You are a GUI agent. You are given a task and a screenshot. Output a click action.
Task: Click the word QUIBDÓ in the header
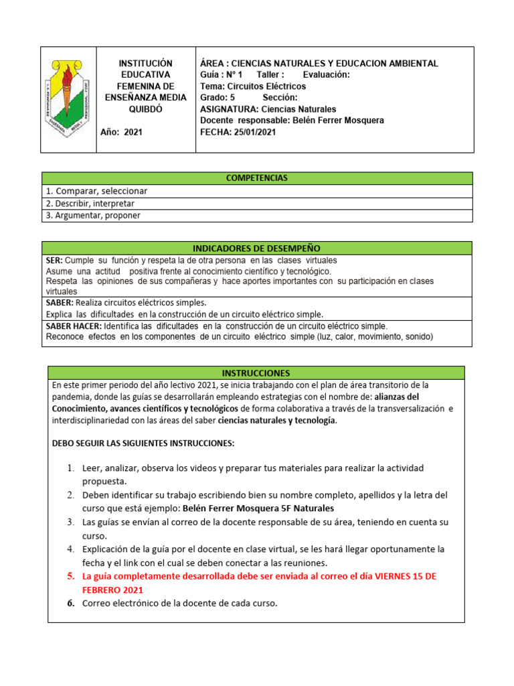[141, 109]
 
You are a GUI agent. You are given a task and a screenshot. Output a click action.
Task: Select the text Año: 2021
[121, 132]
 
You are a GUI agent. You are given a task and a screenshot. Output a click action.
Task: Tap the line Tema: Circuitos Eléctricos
[253, 86]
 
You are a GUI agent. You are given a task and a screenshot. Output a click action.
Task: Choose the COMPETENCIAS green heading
[257, 178]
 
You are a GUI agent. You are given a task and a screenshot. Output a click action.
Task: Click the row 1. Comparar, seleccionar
[96, 191]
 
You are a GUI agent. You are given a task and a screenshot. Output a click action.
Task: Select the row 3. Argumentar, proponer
[94, 215]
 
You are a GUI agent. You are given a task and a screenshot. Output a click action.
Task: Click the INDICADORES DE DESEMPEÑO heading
[257, 248]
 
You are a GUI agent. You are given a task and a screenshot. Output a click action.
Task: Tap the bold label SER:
[54, 260]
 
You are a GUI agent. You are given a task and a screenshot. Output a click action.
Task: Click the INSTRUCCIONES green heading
[256, 372]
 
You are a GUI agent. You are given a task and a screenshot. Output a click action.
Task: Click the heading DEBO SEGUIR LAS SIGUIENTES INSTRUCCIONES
[143, 443]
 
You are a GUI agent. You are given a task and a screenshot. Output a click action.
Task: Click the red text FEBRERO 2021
[112, 590]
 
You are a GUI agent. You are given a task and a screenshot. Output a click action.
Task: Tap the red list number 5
[70, 576]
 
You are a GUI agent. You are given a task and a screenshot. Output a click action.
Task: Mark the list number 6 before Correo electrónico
[70, 603]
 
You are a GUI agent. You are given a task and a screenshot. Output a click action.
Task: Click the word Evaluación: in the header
[326, 75]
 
